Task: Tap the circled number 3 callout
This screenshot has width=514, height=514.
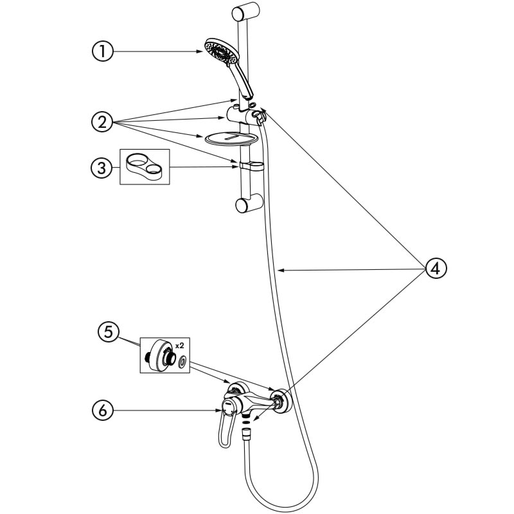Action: click(x=102, y=168)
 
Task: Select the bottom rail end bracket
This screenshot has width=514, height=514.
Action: click(x=244, y=206)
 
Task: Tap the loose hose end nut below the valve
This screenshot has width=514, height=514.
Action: click(x=245, y=435)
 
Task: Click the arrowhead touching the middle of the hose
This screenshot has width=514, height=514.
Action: click(x=280, y=272)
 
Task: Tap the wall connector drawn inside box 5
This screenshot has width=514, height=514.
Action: click(x=161, y=355)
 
